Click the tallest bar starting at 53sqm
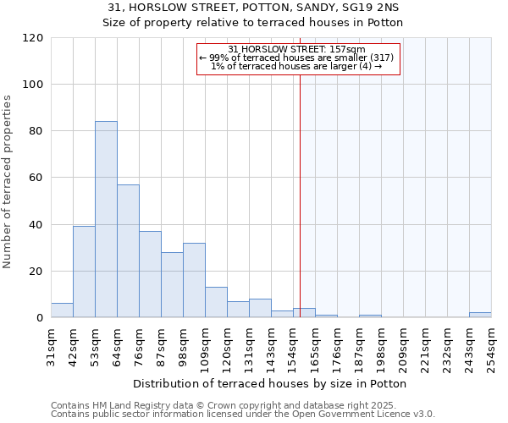pos(106,220)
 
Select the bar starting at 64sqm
pos(128,251)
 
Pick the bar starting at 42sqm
pos(84,272)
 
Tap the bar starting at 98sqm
pos(194,280)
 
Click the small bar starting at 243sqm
pos(480,315)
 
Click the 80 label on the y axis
pos(36,131)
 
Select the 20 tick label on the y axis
pos(36,272)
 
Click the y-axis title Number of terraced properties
pos(8,182)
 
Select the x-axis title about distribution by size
pos(270,383)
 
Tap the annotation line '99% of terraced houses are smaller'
pos(297,58)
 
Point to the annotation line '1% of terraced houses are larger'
pos(297,66)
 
